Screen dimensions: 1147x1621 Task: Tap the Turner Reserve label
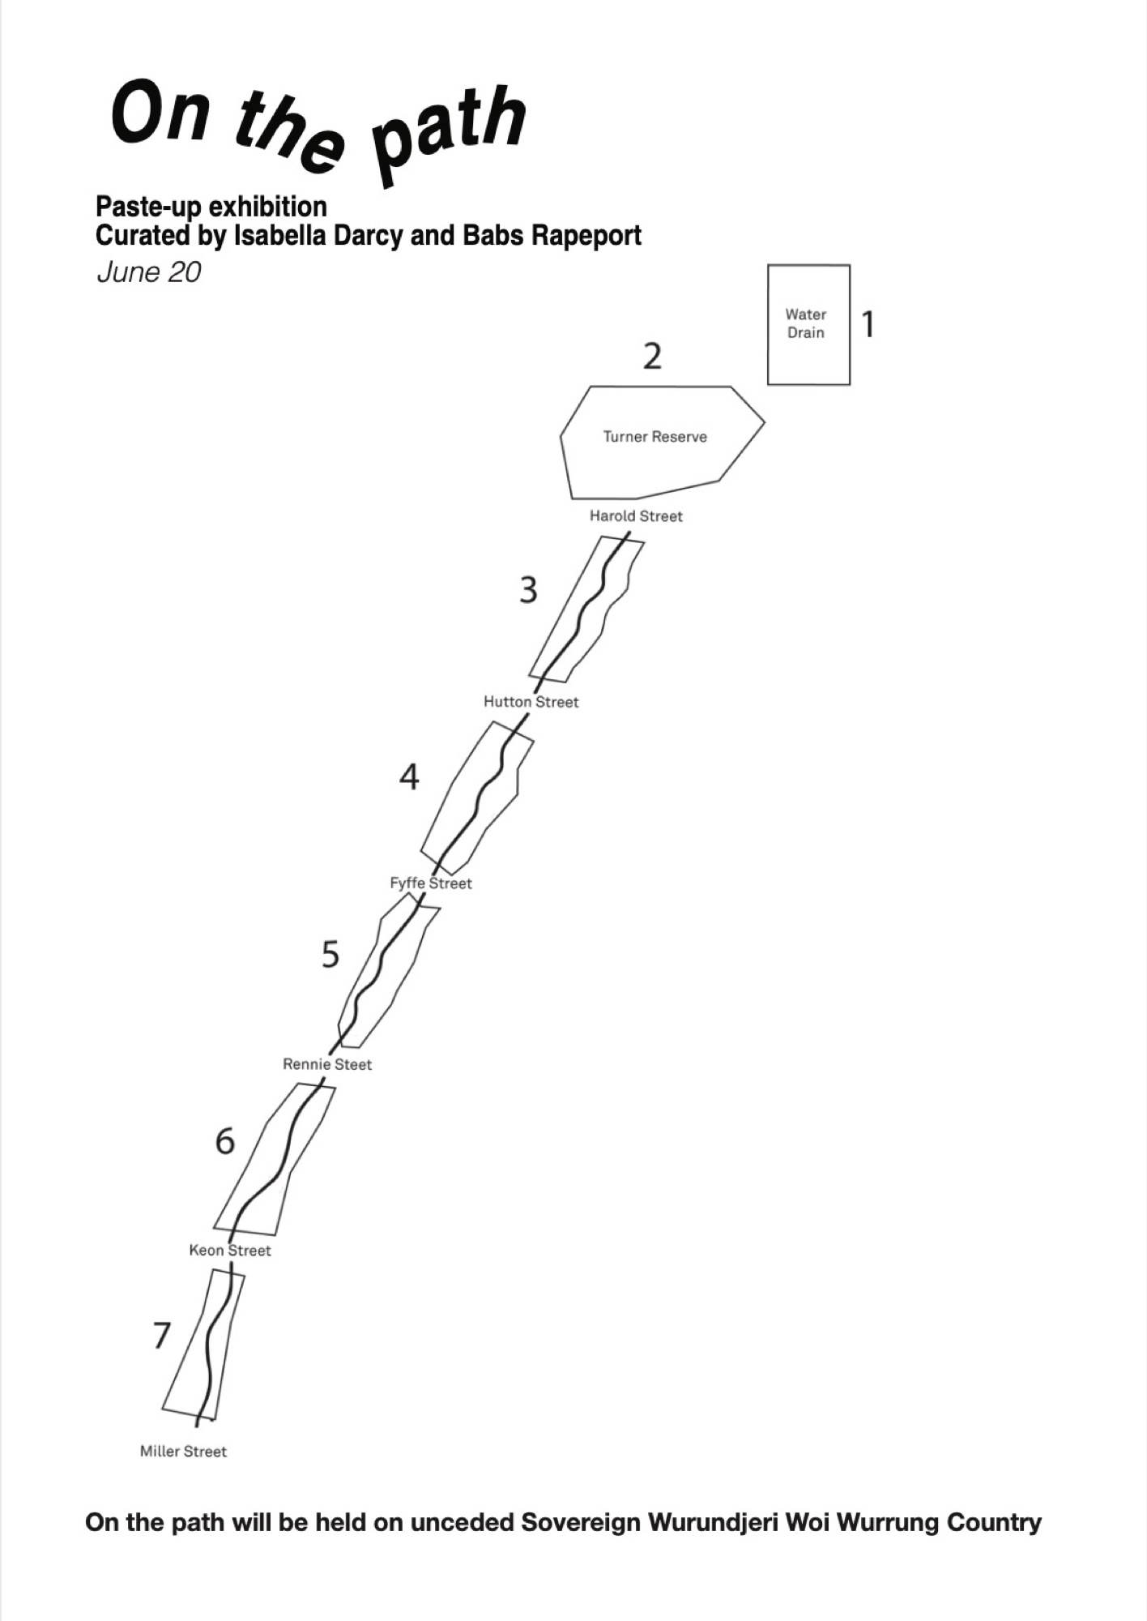click(x=655, y=437)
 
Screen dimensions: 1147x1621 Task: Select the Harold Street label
click(x=636, y=516)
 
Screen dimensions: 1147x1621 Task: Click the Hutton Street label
click(x=531, y=702)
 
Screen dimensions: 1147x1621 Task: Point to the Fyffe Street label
click(x=431, y=883)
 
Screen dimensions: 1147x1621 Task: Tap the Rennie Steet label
click(x=327, y=1064)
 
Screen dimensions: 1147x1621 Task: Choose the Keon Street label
click(x=230, y=1250)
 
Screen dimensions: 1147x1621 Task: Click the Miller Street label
click(x=183, y=1451)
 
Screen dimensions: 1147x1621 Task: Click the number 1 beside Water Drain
click(x=868, y=324)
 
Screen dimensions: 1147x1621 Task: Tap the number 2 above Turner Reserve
click(x=652, y=356)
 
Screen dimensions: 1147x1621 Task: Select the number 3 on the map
click(x=528, y=590)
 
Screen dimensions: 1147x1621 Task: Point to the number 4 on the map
click(x=409, y=776)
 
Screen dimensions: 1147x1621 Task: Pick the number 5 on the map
click(x=330, y=955)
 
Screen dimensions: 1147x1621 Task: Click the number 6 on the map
click(x=224, y=1141)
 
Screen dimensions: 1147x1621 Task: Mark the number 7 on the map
click(x=162, y=1335)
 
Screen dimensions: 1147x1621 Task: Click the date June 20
click(x=149, y=272)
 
